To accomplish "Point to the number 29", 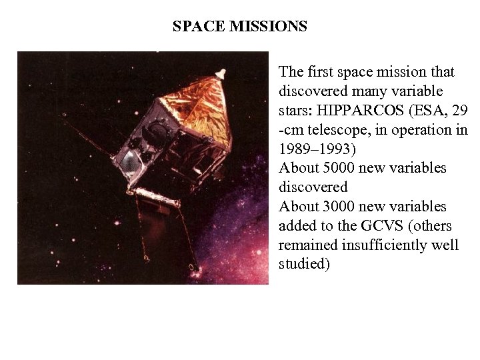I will coord(460,110).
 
